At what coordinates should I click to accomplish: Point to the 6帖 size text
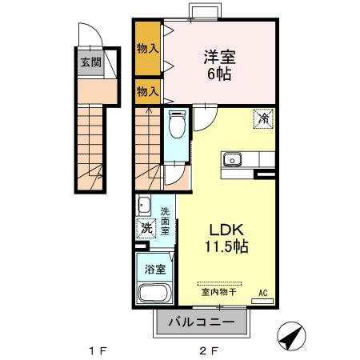coord(220,74)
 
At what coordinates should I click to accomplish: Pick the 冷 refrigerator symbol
coord(264,118)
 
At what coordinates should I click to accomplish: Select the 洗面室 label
coord(165,221)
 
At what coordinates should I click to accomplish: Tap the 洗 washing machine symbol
coord(146,227)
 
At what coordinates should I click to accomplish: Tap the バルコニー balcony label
coord(202,322)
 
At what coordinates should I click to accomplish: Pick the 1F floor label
coord(97,350)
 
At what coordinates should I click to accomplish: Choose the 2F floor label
coord(209,350)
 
